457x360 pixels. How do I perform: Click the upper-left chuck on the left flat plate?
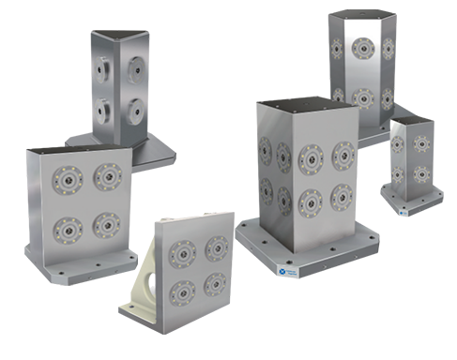pyautogui.click(x=69, y=174)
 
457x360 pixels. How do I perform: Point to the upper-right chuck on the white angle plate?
pyautogui.click(x=216, y=245)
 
